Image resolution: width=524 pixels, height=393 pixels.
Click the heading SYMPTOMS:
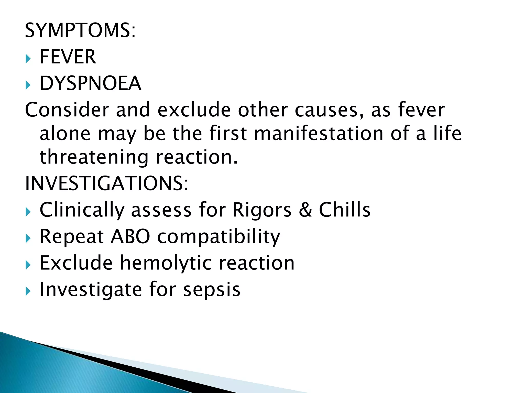click(x=80, y=30)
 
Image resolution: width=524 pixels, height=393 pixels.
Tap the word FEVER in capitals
click(x=68, y=57)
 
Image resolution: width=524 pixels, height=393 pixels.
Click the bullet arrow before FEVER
click(x=28, y=59)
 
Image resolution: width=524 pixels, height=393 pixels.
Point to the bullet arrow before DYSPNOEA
click(x=28, y=86)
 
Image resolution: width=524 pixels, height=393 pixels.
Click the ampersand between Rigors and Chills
click(x=305, y=210)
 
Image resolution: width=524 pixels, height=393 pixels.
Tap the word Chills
click(x=345, y=210)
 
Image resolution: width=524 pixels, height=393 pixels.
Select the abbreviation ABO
click(x=130, y=236)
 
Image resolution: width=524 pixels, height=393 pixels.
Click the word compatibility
click(x=219, y=237)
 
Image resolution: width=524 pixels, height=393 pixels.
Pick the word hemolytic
click(x=166, y=263)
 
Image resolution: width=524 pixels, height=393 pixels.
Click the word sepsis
click(x=212, y=290)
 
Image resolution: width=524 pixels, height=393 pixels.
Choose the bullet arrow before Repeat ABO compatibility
click(x=28, y=239)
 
